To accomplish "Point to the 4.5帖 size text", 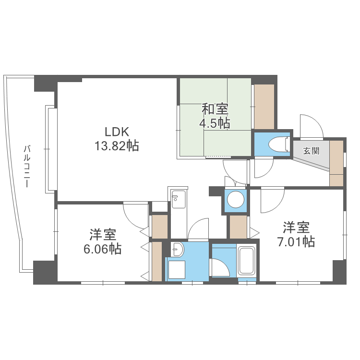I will click(215, 123).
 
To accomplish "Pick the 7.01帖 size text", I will click(296, 241).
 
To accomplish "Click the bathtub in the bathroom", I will click(247, 261).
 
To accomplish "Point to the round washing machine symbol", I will click(235, 200).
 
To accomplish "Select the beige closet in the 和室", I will click(264, 107).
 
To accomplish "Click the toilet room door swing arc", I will click(263, 168).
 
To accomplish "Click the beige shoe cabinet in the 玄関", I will click(337, 162).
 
